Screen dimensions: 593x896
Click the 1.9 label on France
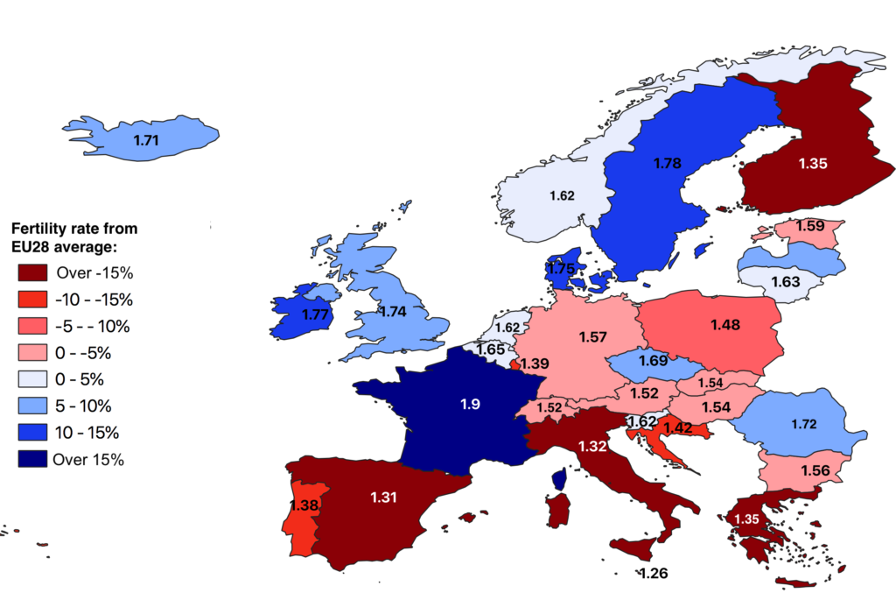click(x=470, y=405)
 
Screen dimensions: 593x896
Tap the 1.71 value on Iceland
click(x=146, y=139)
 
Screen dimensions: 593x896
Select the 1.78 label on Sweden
click(x=668, y=162)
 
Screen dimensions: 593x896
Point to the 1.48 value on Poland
click(x=725, y=325)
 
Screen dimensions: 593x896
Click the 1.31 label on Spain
click(x=384, y=497)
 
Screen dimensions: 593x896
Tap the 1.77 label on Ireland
click(x=315, y=314)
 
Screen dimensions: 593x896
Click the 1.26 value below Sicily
click(x=654, y=574)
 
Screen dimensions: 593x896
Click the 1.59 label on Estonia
click(x=810, y=226)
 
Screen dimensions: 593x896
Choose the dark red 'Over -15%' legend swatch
click(x=31, y=272)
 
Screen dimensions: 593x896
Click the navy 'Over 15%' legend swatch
click(x=31, y=458)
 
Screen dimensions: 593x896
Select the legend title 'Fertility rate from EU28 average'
click(x=73, y=236)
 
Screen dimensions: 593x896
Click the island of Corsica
click(x=559, y=478)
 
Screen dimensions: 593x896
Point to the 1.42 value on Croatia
click(x=678, y=427)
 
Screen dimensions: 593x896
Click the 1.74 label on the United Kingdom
click(x=395, y=310)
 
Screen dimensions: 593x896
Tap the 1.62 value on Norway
click(x=562, y=195)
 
